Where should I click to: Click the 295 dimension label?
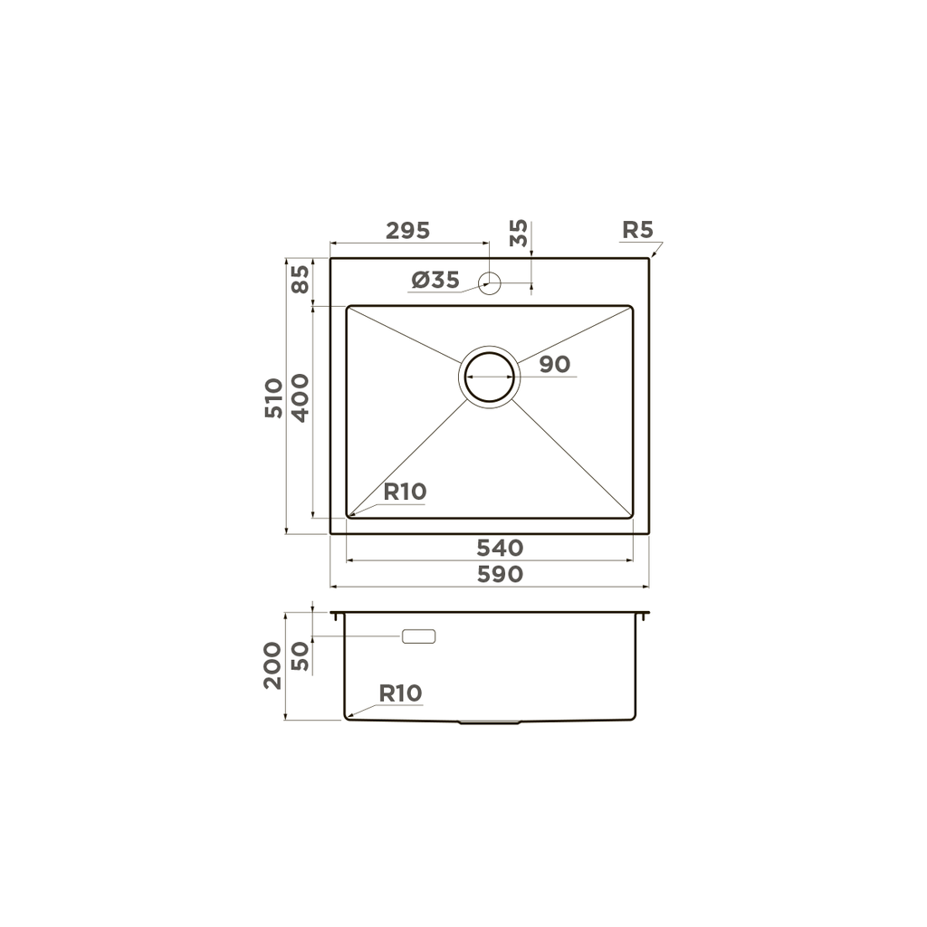tap(407, 231)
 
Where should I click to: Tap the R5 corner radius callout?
tap(636, 230)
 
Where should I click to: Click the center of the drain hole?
tap(490, 376)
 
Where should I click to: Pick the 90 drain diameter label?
tap(554, 365)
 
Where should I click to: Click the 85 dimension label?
tap(300, 278)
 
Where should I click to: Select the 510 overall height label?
tap(273, 398)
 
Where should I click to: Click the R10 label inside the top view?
tap(405, 492)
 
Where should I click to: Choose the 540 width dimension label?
tap(500, 548)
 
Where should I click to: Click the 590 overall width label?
tap(500, 575)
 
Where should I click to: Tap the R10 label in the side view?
tap(400, 694)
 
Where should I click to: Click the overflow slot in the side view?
tap(418, 636)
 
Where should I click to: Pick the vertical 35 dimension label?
tap(519, 234)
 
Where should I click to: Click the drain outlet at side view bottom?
tap(489, 722)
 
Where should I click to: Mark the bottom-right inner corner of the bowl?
tap(631, 517)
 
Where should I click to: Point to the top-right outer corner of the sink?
tap(648, 259)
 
